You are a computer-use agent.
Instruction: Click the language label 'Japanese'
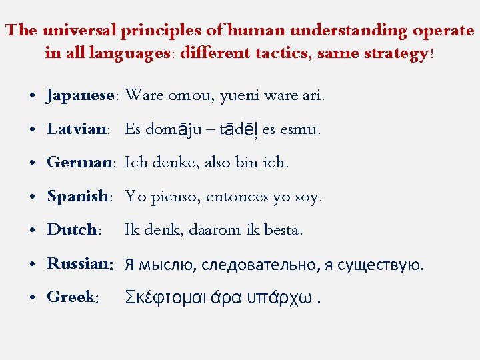click(81, 95)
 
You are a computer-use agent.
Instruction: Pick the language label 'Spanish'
click(77, 197)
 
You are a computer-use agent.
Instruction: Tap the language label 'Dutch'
click(72, 230)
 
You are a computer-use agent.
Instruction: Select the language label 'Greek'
click(71, 297)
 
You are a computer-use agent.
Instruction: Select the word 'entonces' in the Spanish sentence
click(237, 197)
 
